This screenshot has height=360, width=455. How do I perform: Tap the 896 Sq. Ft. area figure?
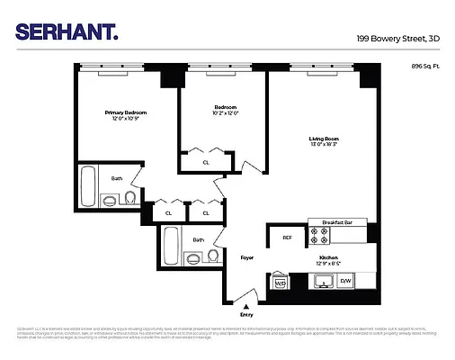click(426, 67)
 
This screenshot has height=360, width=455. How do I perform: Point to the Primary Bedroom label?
click(126, 112)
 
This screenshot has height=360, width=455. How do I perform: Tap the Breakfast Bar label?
click(336, 222)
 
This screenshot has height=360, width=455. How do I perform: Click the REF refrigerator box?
click(287, 238)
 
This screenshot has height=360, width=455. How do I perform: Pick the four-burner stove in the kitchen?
click(319, 237)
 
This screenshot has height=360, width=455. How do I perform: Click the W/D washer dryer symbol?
click(280, 283)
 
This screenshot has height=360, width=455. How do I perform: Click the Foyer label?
click(246, 257)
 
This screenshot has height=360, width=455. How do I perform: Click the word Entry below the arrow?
click(246, 316)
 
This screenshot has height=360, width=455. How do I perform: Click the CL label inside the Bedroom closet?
click(206, 162)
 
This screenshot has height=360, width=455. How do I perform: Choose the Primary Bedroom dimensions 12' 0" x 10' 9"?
click(126, 120)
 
